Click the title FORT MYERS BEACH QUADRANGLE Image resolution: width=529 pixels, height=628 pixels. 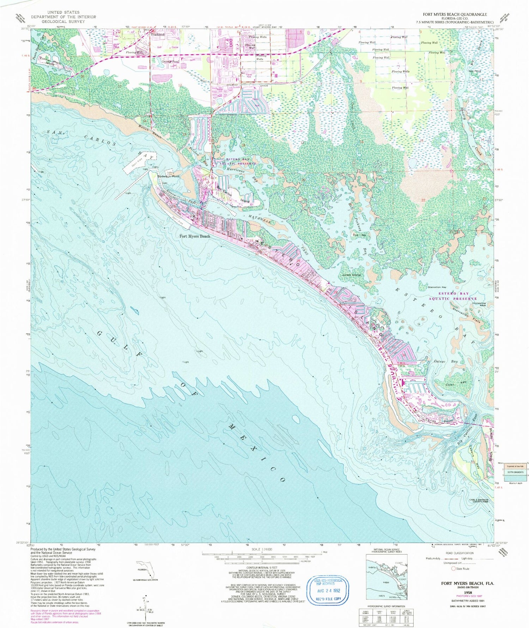[x=455, y=14]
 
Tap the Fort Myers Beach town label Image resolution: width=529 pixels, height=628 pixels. [x=195, y=236]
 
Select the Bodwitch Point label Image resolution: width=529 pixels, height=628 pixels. [x=169, y=176]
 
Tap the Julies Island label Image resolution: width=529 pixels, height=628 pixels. [x=351, y=275]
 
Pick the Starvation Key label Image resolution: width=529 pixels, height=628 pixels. [x=437, y=287]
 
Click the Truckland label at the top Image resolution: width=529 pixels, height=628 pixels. [x=158, y=35]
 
